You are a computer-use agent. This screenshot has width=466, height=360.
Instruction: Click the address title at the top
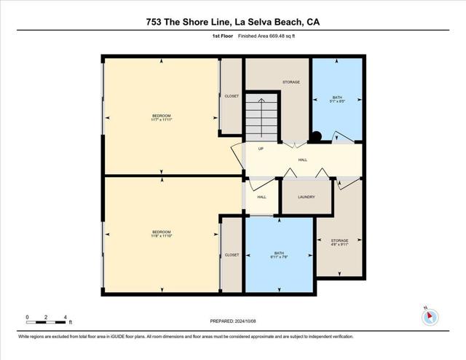232,22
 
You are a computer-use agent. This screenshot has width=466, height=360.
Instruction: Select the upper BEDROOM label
162,117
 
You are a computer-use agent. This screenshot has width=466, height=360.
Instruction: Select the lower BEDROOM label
161,234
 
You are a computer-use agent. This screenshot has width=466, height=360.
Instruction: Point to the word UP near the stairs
260,149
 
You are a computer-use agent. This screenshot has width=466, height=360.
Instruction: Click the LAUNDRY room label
306,197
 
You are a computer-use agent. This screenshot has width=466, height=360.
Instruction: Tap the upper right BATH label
336,98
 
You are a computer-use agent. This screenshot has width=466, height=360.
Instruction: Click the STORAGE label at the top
291,82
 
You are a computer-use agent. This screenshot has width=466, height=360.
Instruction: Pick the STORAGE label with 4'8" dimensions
339,242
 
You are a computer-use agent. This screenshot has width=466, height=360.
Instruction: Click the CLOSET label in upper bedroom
232,95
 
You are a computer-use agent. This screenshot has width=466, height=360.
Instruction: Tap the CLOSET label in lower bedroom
232,255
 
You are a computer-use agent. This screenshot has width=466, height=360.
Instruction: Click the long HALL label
302,160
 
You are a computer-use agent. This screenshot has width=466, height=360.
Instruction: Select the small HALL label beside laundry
261,197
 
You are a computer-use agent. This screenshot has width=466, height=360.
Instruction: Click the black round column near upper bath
317,136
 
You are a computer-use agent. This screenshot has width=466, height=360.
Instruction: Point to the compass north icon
430,316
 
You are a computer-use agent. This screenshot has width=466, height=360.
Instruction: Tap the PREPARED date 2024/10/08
232,321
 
